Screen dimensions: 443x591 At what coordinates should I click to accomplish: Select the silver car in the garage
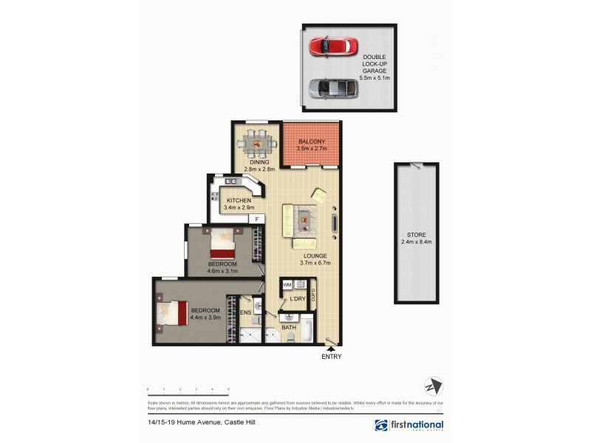[x=333, y=89]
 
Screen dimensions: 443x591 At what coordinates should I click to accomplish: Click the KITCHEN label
[x=239, y=201]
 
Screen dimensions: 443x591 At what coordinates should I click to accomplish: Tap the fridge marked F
[x=257, y=219]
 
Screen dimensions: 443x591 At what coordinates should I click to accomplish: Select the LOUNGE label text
[x=314, y=255]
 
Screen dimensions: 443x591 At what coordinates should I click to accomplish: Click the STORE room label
[x=416, y=233]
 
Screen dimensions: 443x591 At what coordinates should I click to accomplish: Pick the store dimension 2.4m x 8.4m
[x=416, y=241]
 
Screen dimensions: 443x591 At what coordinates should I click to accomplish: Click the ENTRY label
[x=332, y=357]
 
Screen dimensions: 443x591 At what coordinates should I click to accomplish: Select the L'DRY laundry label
[x=298, y=299]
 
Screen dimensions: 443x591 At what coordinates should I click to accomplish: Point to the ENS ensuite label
[x=246, y=313]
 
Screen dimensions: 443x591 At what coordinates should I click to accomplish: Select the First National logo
[x=409, y=425]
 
